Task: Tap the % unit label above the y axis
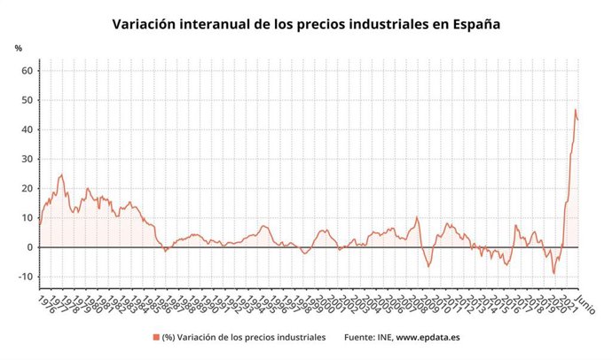pyautogui.click(x=18, y=48)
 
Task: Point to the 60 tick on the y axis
pyautogui.click(x=27, y=71)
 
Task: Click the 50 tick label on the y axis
pyautogui.click(x=27, y=100)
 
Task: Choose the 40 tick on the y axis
pyautogui.click(x=27, y=129)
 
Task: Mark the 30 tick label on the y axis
pyautogui.click(x=27, y=159)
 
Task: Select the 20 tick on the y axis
pyautogui.click(x=27, y=188)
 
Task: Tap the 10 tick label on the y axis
pyautogui.click(x=27, y=217)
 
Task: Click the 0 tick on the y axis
pyautogui.click(x=29, y=247)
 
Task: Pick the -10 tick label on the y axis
pyautogui.click(x=25, y=277)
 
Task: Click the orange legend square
pyautogui.click(x=156, y=337)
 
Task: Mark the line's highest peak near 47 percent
pyautogui.click(x=575, y=110)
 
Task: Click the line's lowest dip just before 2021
pyautogui.click(x=554, y=273)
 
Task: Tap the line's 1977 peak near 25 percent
pyautogui.click(x=61, y=175)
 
